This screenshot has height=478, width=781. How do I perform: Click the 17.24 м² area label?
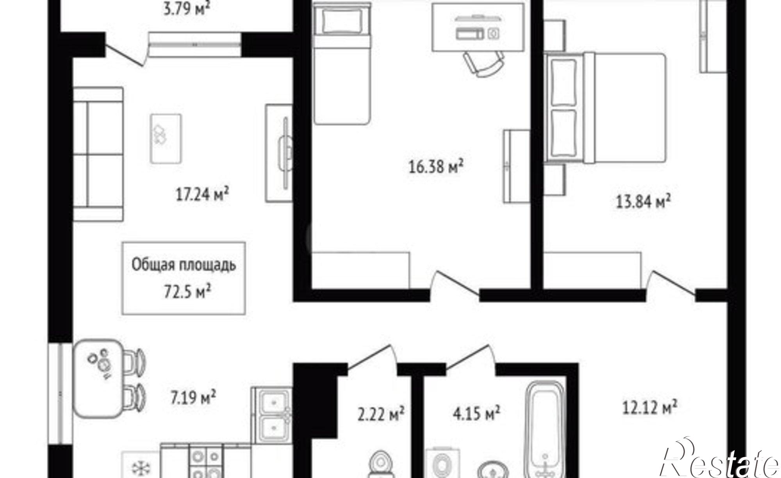(x=202, y=194)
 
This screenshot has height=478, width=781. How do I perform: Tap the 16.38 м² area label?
(x=436, y=167)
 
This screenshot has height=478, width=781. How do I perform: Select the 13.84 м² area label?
(x=643, y=202)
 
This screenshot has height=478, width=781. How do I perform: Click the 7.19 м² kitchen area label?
(x=193, y=398)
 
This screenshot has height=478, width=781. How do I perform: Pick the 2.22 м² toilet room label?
(x=381, y=414)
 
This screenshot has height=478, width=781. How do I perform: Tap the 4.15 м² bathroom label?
(x=476, y=413)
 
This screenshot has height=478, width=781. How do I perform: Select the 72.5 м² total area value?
(x=187, y=291)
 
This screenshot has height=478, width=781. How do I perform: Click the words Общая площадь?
(x=184, y=265)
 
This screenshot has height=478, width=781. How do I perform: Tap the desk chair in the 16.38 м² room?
(x=484, y=64)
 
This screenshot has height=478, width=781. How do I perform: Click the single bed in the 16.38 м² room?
(x=342, y=64)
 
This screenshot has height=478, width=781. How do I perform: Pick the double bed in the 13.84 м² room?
(x=605, y=108)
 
